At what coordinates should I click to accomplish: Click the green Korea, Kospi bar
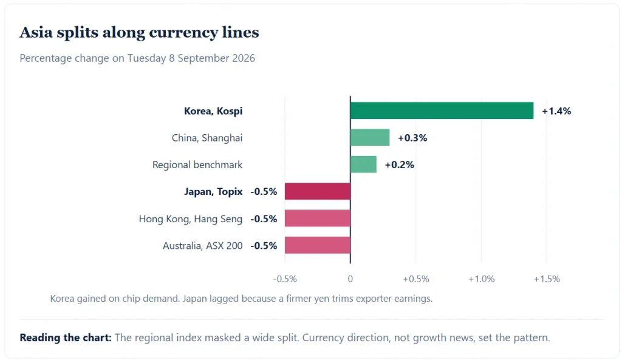[442, 110]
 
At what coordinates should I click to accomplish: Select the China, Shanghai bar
[370, 138]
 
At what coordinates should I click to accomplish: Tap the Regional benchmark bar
[363, 165]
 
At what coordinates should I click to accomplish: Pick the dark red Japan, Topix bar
[317, 191]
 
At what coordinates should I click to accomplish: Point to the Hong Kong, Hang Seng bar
[317, 219]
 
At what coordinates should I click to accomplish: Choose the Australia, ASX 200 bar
[317, 245]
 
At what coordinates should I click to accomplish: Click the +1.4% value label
[556, 111]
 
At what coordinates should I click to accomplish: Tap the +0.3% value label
[412, 138]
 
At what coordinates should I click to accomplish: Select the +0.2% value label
[400, 165]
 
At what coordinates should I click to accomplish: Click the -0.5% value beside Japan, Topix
[264, 192]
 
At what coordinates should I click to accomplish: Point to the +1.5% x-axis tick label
[547, 279]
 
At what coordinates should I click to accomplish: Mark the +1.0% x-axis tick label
[481, 279]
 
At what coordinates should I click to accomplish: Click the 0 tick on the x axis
[350, 279]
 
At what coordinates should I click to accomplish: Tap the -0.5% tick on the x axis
[285, 279]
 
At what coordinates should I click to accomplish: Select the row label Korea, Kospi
[213, 111]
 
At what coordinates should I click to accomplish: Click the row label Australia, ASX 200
[203, 246]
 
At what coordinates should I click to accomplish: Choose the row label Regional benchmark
[197, 165]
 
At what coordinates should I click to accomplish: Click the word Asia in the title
[36, 32]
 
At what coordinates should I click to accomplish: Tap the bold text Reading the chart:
[66, 338]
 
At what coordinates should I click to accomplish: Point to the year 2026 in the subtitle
[244, 58]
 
